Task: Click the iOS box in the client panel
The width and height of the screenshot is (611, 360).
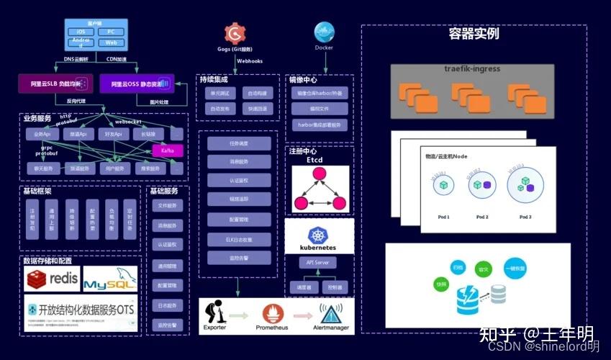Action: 81,32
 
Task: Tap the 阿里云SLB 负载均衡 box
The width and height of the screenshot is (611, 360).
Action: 55,84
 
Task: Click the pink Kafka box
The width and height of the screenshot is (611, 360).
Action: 168,150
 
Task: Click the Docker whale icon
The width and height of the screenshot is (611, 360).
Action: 324,32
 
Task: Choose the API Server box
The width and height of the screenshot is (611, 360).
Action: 317,263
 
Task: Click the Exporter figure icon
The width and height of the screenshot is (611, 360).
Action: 214,312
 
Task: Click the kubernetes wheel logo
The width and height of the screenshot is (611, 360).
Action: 317,235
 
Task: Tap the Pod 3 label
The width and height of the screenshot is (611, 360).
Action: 525,217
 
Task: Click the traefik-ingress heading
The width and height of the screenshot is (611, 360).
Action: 472,69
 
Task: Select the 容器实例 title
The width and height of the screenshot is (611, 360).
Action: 474,33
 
